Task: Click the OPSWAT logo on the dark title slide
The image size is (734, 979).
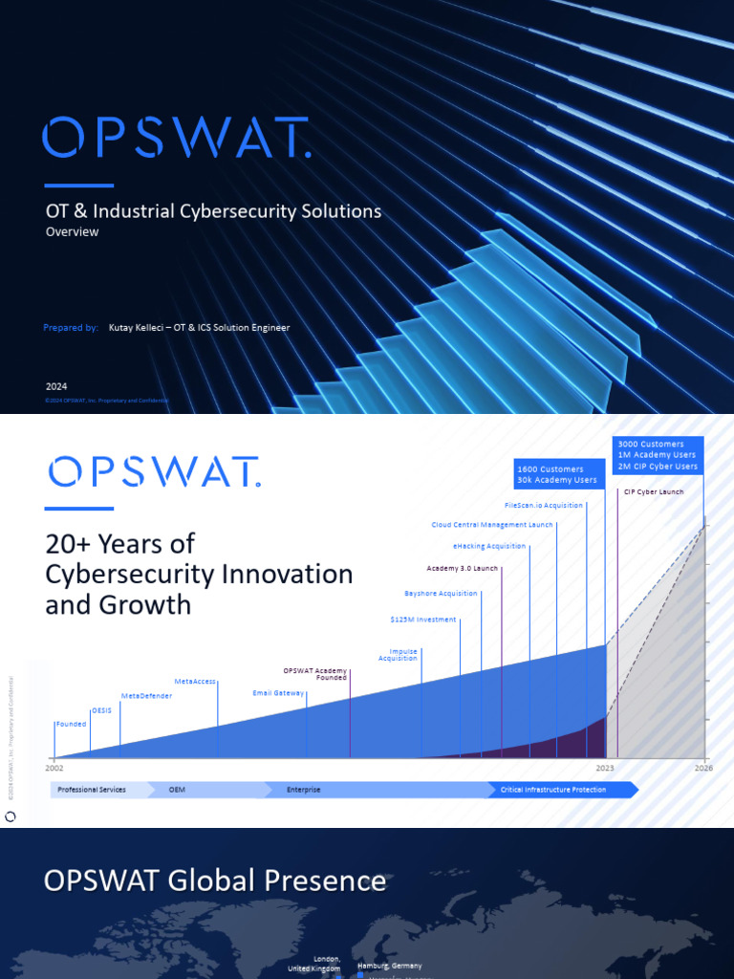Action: tap(176, 138)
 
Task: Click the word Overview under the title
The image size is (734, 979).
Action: tap(73, 231)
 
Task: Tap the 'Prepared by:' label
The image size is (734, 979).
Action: tap(71, 328)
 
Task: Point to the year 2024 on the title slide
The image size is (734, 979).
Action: tap(56, 386)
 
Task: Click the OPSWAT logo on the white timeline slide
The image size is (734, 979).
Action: tap(153, 471)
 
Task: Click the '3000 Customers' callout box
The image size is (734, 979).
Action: tap(658, 455)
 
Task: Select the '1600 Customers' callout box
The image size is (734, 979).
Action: tap(556, 474)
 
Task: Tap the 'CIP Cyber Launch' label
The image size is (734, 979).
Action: tap(654, 492)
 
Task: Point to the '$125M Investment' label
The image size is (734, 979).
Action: tap(422, 620)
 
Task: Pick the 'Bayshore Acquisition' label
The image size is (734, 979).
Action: tap(441, 594)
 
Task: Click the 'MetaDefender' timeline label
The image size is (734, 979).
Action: tap(146, 696)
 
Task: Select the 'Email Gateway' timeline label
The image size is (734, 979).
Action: tap(278, 692)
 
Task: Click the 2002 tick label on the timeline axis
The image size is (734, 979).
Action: tap(54, 768)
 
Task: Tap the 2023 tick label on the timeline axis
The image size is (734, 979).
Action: tap(605, 768)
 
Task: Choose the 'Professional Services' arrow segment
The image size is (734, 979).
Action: tap(92, 790)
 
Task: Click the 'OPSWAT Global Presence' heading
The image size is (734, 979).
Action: tap(215, 881)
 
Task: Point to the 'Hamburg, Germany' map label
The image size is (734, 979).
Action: tap(389, 966)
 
